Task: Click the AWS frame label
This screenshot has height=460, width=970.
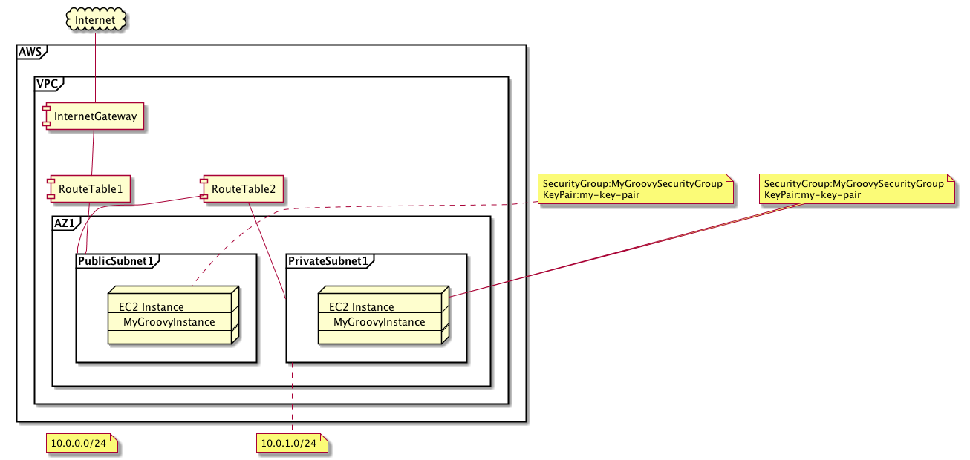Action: click(30, 52)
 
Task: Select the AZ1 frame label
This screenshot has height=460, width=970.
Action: click(65, 223)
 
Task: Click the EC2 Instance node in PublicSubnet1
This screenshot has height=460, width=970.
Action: click(170, 315)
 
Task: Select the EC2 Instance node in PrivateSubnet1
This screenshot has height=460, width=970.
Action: click(380, 315)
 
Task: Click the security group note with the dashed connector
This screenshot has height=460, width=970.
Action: click(633, 189)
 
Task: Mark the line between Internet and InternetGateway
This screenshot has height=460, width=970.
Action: click(96, 67)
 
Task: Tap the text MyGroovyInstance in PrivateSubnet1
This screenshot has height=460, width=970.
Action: click(380, 322)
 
